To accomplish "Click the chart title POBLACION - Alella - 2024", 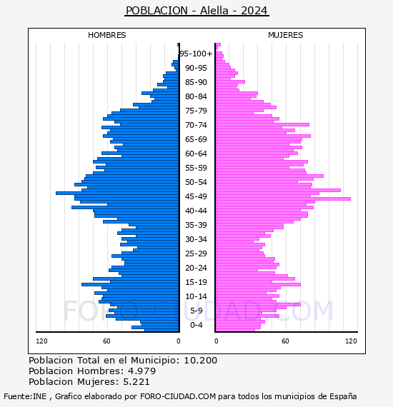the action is click(x=196, y=11).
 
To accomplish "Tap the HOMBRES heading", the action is click(x=106, y=35).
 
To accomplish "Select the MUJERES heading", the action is click(x=286, y=35).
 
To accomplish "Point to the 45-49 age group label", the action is click(x=196, y=196).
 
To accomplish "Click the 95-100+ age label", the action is click(x=196, y=54).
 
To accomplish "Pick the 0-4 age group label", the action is click(x=196, y=325).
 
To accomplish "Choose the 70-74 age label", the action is click(x=196, y=125).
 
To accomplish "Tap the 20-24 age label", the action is click(x=196, y=268).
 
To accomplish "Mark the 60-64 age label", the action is click(x=196, y=154).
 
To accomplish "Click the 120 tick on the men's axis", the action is click(x=41, y=341).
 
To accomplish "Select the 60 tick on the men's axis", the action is click(x=106, y=341).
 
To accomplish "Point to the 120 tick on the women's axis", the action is click(x=351, y=341).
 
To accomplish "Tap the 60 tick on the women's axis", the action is click(x=285, y=341).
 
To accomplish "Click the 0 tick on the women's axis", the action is click(x=217, y=341).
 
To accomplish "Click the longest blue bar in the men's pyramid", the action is click(x=117, y=193).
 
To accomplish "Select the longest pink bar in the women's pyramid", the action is click(x=283, y=199).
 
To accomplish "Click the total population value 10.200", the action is click(x=200, y=361).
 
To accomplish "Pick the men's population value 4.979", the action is click(x=141, y=371).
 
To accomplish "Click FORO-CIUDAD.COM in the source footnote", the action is click(x=178, y=396).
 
